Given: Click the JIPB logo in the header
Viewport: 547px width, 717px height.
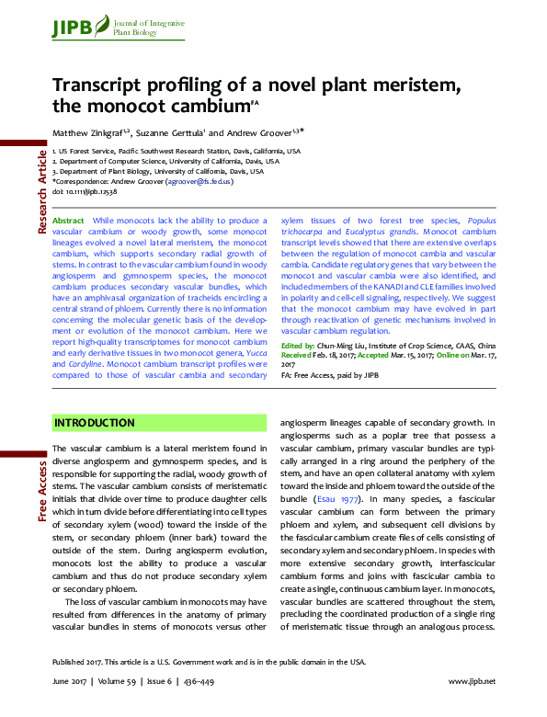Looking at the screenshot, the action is pos(73,28).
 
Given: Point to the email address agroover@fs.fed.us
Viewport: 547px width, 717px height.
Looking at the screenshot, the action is pos(199,182).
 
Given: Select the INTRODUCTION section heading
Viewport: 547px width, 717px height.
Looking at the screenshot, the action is pos(95,423).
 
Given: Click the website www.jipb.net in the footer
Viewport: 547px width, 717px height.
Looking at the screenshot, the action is pos(472,681).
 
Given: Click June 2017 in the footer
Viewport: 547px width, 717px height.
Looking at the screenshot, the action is pos(70,681).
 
